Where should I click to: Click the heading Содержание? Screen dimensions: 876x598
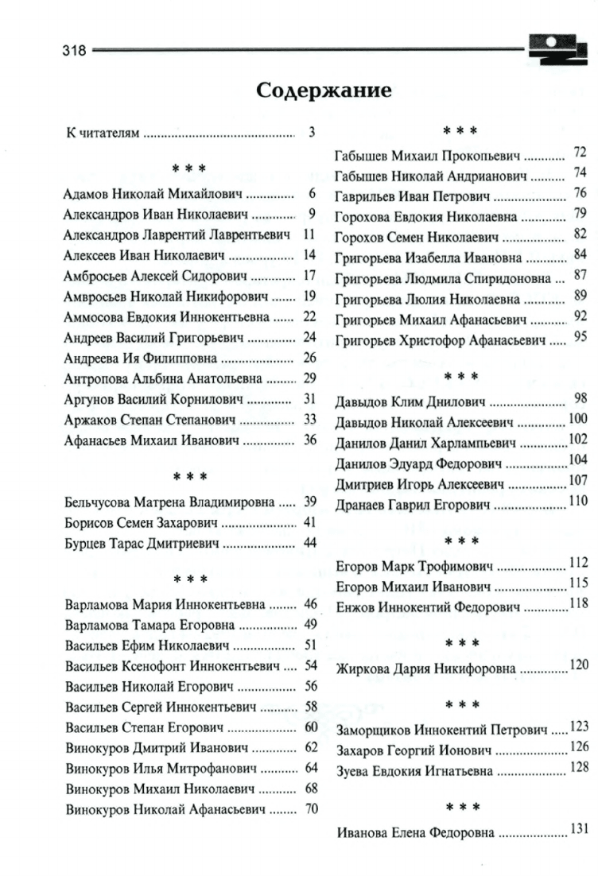point(324,91)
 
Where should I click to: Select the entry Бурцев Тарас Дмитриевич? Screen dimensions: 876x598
point(143,544)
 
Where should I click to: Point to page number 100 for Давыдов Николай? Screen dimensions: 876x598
point(577,419)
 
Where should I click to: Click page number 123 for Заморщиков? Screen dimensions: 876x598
point(579,727)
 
